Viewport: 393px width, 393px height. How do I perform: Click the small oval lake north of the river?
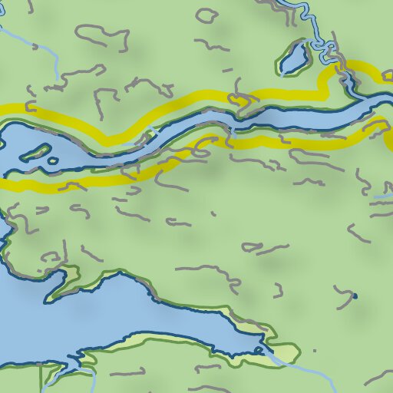tap(293, 59)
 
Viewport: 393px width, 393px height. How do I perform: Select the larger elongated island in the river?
tap(34, 152)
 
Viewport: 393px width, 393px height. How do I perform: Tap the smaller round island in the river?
tap(52, 161)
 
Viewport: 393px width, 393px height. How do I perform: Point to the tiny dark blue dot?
tap(355, 296)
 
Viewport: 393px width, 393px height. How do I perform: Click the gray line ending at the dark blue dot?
tap(344, 291)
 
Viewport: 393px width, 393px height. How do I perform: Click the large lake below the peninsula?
tap(115, 315)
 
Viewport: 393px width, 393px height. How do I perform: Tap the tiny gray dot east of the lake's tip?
tap(314, 351)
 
